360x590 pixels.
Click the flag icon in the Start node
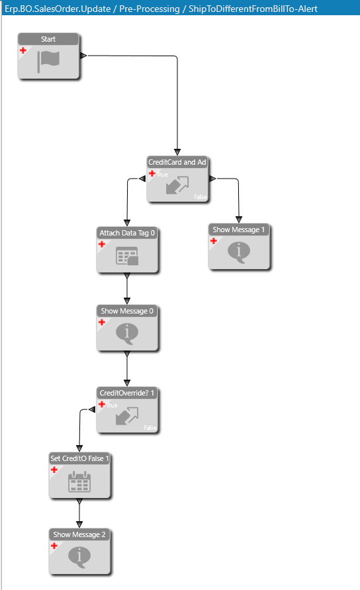pyautogui.click(x=48, y=62)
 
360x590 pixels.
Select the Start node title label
pyautogui.click(x=48, y=39)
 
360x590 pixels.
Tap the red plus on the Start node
pyautogui.click(x=23, y=50)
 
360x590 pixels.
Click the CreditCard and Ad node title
pyautogui.click(x=177, y=162)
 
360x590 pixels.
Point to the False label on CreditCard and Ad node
pyautogui.click(x=201, y=197)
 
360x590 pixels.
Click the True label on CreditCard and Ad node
pyautogui.click(x=162, y=175)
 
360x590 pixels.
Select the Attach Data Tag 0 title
pyautogui.click(x=127, y=233)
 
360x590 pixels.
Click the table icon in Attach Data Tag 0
pyautogui.click(x=127, y=256)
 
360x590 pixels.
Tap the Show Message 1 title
pyautogui.click(x=239, y=230)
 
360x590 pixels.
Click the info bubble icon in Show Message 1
pyautogui.click(x=239, y=252)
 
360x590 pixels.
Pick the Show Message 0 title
pyautogui.click(x=127, y=311)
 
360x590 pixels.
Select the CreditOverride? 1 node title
pyautogui.click(x=127, y=393)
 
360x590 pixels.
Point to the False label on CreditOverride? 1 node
pyautogui.click(x=150, y=428)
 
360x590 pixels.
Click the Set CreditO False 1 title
pyautogui.click(x=79, y=458)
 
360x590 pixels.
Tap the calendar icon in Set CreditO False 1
pyautogui.click(x=79, y=482)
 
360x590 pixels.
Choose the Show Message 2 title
pyautogui.click(x=79, y=534)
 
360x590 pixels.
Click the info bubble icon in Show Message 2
pyautogui.click(x=79, y=556)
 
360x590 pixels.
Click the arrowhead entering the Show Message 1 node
pyautogui.click(x=239, y=220)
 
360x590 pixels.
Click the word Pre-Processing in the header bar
pyautogui.click(x=150, y=9)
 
